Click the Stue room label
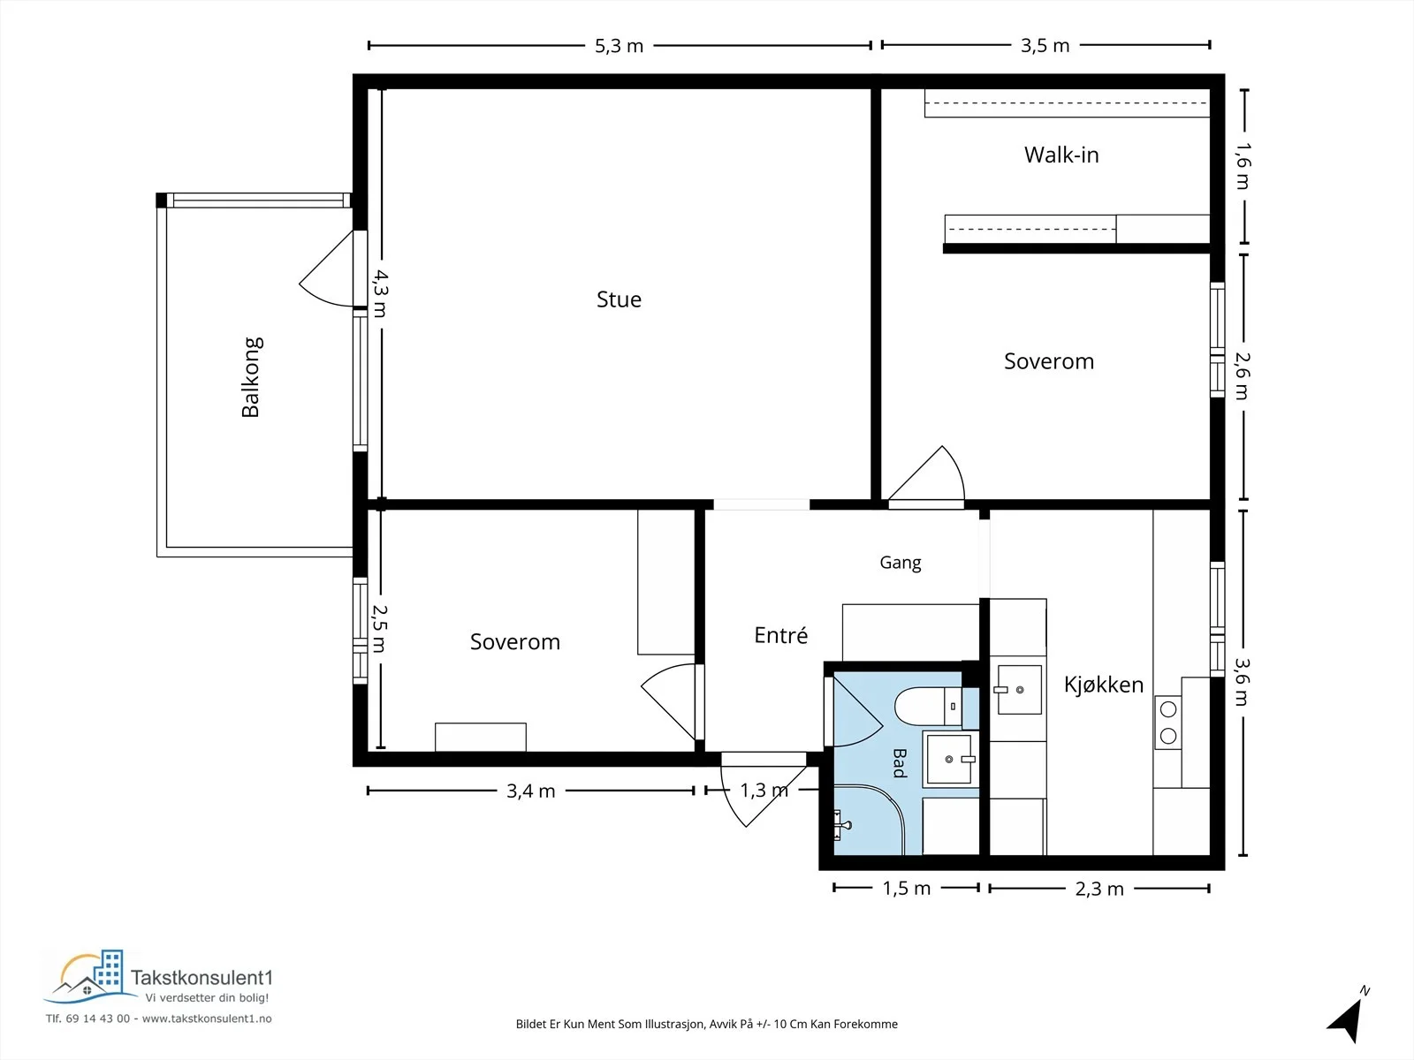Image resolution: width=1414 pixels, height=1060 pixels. coord(619,299)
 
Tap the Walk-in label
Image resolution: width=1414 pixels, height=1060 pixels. coord(1061,155)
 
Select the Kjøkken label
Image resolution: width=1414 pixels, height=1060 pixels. coord(1104,684)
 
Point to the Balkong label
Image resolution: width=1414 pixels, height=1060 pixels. coord(251,377)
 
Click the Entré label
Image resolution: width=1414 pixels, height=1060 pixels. coord(780,635)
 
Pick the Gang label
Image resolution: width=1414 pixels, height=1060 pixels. coord(900,563)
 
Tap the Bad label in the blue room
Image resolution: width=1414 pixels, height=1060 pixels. coord(900,762)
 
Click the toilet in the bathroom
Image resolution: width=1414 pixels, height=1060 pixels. coord(928,706)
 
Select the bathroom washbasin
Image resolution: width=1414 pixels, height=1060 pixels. coord(949,759)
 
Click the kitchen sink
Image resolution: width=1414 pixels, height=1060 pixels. coord(1018,690)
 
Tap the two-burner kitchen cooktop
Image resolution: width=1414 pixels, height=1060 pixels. coord(1168,722)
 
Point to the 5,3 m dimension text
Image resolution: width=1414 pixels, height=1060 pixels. coord(619,46)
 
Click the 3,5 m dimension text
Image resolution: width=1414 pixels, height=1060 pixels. coord(1045,46)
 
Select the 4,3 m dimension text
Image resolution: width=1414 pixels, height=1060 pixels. coord(380,293)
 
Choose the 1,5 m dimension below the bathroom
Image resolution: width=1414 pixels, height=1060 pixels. coord(906,888)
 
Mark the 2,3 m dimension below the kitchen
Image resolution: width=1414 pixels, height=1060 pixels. coord(1099,889)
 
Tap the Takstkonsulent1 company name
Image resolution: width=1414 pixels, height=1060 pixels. coord(201,978)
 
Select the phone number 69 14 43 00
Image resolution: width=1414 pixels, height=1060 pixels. coord(98,1018)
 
